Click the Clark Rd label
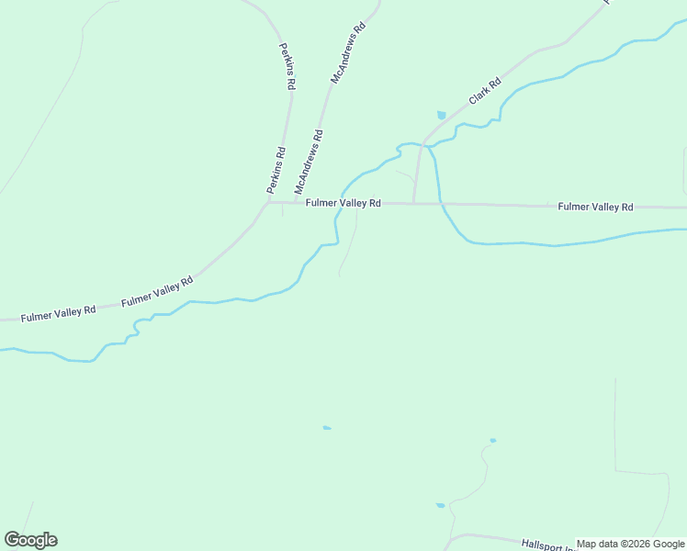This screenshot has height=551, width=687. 484,91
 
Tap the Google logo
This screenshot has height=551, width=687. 30,540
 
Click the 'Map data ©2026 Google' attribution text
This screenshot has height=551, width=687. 630,544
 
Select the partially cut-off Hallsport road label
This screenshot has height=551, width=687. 547,545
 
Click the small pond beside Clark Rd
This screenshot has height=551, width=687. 442,115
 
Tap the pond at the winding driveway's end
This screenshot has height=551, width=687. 493,441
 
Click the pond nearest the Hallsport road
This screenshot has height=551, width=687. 440,505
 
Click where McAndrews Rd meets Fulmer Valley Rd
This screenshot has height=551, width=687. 294,203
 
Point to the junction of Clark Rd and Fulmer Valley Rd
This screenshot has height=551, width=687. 413,204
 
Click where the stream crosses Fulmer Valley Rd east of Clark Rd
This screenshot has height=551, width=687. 441,204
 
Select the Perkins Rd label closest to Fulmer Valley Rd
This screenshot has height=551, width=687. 276,170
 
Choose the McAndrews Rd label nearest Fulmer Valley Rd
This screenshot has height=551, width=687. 310,163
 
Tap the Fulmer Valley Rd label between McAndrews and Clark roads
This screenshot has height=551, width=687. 343,203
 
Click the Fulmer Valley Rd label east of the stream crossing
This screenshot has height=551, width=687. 595,208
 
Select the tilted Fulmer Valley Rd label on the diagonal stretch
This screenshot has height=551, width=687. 156,290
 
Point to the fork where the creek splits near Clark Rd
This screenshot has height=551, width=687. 428,145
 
